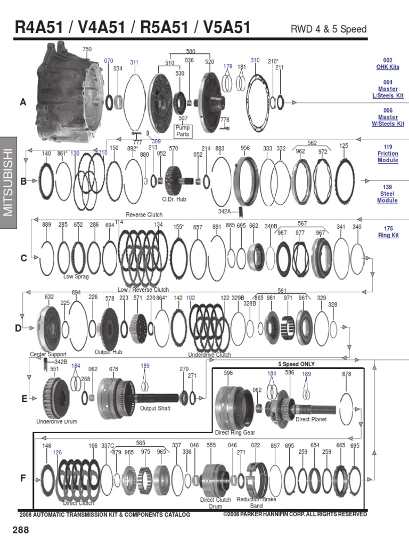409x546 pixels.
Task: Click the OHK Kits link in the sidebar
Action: pos(388,67)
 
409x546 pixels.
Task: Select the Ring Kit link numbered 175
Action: pos(388,235)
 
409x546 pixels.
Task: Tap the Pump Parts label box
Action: pos(183,131)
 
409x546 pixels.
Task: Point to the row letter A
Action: pos(23,103)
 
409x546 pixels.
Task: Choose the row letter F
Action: pos(23,478)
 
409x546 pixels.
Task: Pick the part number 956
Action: pos(245,148)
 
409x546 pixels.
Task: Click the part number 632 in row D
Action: pos(49,296)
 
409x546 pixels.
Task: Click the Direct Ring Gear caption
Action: pos(235,432)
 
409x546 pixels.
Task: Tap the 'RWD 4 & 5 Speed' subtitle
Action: pos(329,29)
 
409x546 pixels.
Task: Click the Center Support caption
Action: pos(48,354)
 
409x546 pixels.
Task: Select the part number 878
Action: pos(347,374)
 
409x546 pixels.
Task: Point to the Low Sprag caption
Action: pos(76,277)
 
